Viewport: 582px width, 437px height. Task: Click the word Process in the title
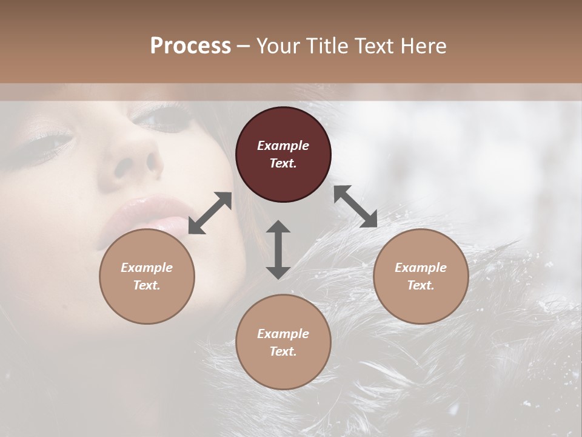tap(190, 46)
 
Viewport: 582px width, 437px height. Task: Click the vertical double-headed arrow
tap(278, 249)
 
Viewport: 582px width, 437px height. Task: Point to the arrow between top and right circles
tap(355, 206)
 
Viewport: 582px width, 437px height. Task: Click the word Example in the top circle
tap(283, 146)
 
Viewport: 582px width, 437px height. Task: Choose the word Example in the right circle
tap(421, 268)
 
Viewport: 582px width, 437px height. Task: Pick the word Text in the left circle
tap(146, 285)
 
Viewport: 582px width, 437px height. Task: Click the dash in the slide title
tap(243, 46)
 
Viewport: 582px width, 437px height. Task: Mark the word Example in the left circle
tap(147, 268)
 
